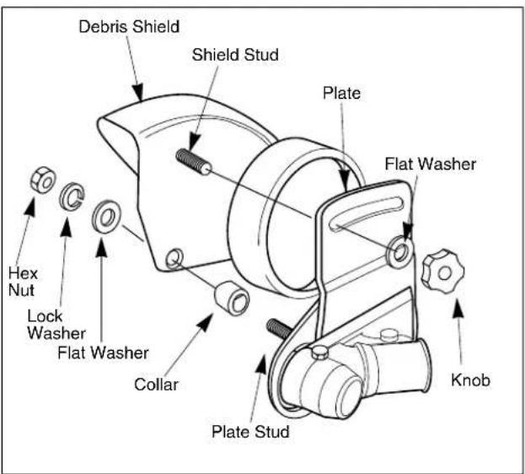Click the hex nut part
43,180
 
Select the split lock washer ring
71,197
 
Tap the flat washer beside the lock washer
106,217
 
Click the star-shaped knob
442,272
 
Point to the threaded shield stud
194,161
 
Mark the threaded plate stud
279,327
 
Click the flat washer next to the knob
399,252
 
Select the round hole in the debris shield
174,258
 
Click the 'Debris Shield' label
129,27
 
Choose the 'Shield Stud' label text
235,55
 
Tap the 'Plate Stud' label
250,431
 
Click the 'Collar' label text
156,384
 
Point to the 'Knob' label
470,380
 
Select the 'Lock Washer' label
56,325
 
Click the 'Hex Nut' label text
23,282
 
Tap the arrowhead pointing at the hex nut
31,205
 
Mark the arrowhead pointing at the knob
458,310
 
